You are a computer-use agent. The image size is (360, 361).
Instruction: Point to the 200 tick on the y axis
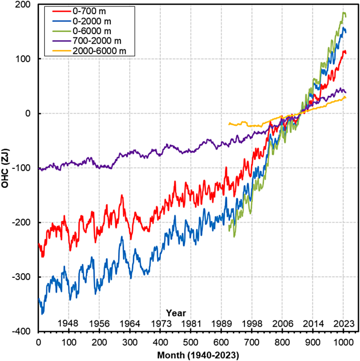[x=23, y=4]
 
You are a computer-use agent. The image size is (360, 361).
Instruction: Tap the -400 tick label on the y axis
[x=22, y=332]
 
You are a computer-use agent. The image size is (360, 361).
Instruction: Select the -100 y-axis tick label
[x=22, y=168]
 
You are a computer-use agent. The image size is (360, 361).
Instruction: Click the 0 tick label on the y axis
[x=29, y=114]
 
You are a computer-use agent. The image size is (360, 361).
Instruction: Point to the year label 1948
[x=69, y=323]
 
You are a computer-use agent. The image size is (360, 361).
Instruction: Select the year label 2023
[x=343, y=323]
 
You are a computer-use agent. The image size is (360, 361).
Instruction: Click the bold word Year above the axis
[x=176, y=313]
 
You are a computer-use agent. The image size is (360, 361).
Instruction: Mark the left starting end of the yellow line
[x=229, y=124]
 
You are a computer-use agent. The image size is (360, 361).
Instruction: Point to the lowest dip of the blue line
[x=43, y=314]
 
